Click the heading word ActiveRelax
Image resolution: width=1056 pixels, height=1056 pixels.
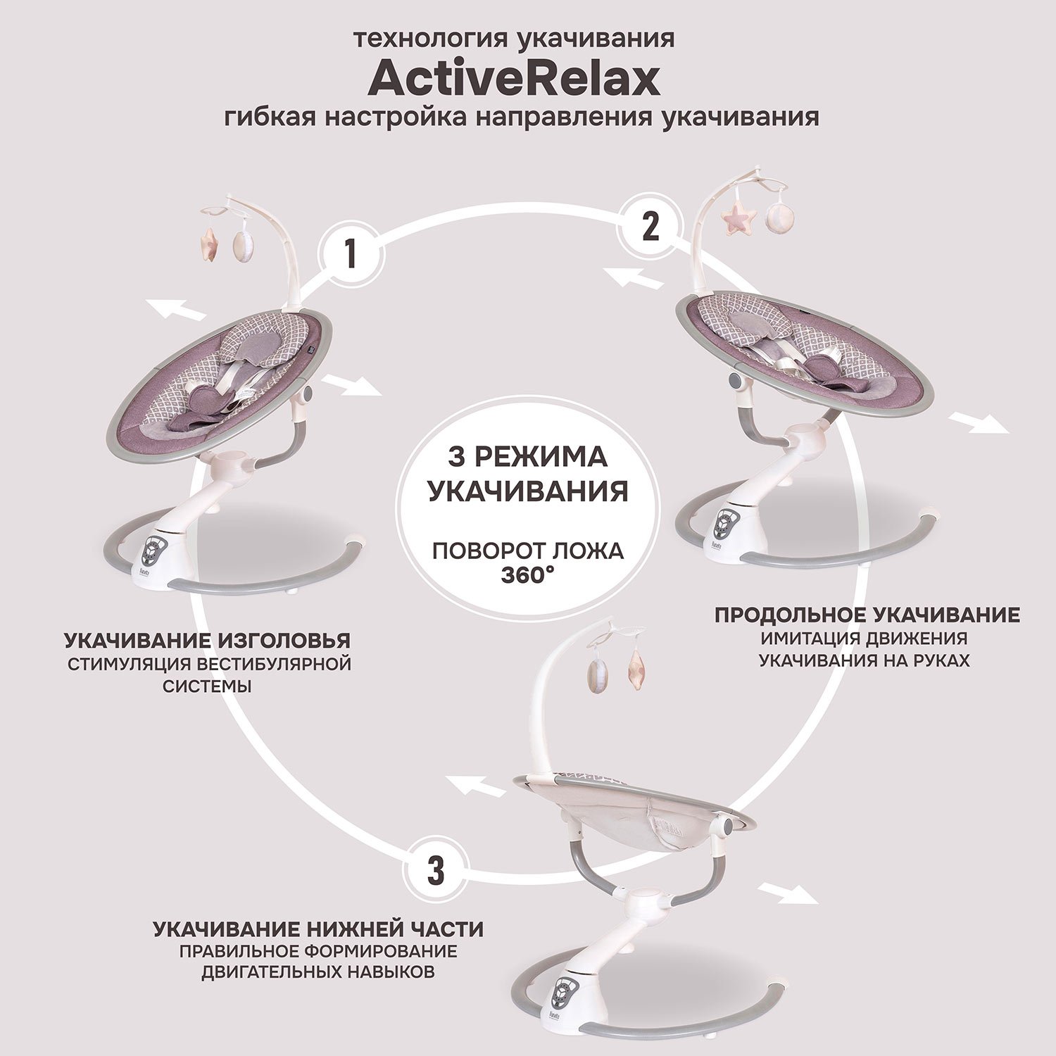click(514, 79)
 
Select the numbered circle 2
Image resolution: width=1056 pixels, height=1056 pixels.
click(650, 227)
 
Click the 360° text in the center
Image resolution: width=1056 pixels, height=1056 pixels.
click(528, 574)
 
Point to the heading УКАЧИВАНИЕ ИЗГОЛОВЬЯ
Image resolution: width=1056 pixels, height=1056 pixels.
click(208, 641)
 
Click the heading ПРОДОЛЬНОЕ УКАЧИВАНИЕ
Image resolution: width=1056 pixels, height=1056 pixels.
click(867, 615)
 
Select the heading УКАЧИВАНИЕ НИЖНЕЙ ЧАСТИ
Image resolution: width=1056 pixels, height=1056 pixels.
click(318, 929)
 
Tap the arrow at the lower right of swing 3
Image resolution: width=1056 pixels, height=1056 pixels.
click(790, 892)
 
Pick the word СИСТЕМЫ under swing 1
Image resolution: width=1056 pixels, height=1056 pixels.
click(208, 686)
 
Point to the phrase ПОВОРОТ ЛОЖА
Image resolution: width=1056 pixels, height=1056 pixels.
click(528, 551)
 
